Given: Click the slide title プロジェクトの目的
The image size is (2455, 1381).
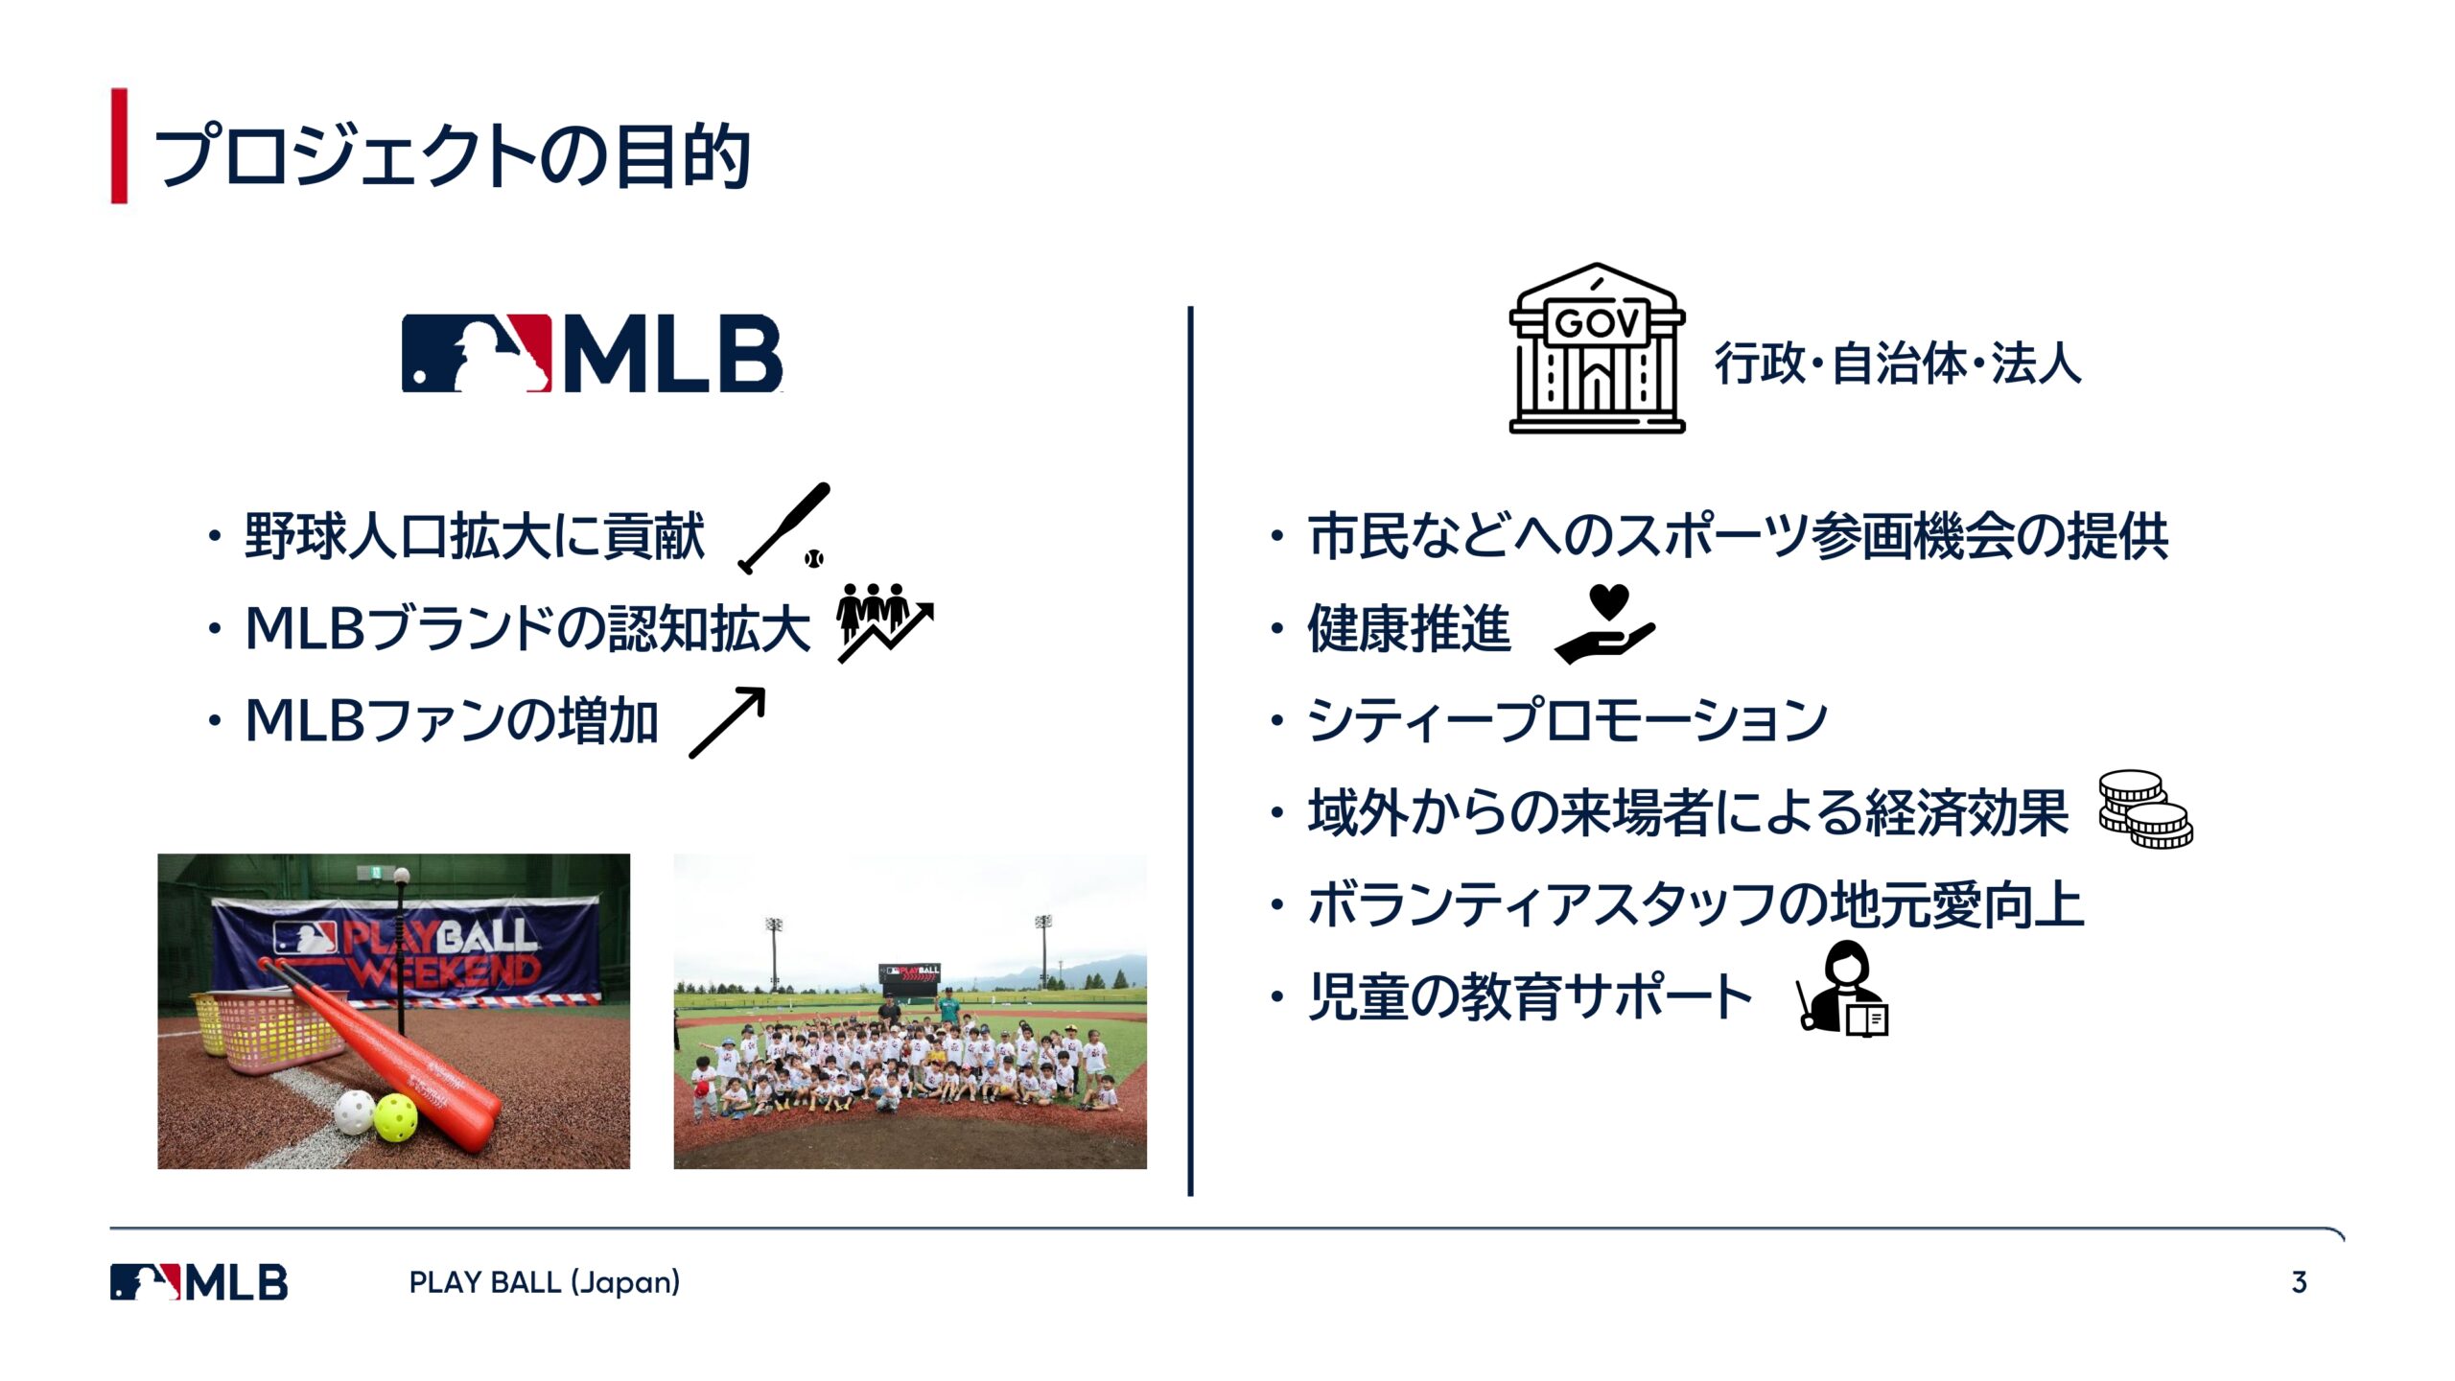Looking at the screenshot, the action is [452, 154].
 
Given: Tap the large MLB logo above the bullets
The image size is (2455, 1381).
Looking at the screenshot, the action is [592, 353].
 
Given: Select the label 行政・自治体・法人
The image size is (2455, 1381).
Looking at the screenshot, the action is [1898, 363].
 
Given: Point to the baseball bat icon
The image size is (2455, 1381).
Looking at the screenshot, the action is [783, 528].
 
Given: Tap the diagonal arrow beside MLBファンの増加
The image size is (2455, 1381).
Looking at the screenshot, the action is [728, 722].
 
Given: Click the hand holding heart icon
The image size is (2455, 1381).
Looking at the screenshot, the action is [1605, 624].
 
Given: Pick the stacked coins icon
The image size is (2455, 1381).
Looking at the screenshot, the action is [2145, 809].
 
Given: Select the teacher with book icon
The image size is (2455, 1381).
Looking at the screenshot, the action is [1842, 988].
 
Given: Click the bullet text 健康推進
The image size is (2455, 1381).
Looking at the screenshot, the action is [1409, 629].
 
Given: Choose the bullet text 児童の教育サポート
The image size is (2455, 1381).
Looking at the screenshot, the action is [1531, 996].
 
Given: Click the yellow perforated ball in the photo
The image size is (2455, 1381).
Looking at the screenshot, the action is [396, 1117].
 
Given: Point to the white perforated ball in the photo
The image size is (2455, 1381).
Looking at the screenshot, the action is [354, 1112].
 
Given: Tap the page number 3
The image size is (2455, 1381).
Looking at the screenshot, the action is [2299, 1282].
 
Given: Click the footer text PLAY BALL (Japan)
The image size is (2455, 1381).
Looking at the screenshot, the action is [545, 1282].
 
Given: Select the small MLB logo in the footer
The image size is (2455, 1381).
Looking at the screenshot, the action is [199, 1282].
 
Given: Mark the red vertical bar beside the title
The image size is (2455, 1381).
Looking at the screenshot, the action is [119, 146].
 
